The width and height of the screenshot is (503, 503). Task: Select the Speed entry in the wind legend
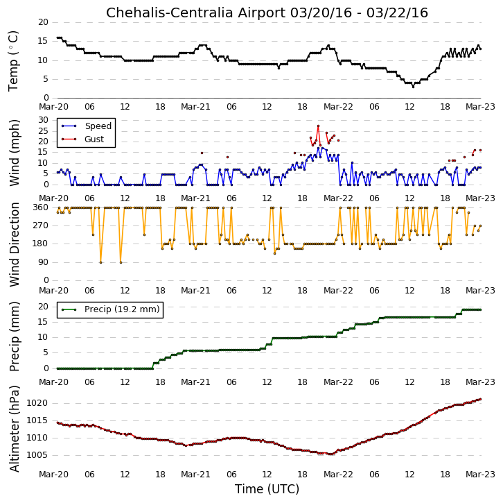98,126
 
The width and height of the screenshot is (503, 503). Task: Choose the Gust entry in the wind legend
94,139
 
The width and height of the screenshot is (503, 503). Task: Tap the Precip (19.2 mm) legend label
122,309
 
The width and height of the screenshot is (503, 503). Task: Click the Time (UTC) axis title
267,489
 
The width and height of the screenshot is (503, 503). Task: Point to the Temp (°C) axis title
13,61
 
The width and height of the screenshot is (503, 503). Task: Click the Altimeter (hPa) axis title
15,429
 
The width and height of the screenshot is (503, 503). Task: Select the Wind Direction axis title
15,244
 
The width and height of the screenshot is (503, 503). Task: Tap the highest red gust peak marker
318,126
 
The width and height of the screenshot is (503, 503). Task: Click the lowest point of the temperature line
413,87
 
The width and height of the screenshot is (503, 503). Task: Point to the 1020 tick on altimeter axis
37,403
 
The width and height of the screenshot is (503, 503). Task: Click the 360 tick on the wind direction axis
40,207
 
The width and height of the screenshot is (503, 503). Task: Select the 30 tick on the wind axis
44,120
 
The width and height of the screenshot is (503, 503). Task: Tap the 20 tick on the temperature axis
44,22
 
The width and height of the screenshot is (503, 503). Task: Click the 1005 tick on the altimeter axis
37,455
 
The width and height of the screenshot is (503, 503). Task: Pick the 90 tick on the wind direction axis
44,262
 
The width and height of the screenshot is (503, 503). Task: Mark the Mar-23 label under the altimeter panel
480,475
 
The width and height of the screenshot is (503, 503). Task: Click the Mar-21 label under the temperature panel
195,107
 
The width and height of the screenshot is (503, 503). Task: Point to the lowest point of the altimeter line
330,454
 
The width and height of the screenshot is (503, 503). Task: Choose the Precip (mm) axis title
15,336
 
